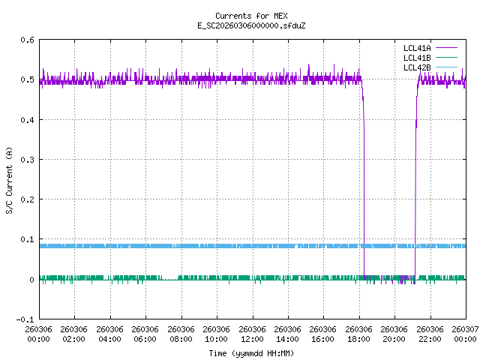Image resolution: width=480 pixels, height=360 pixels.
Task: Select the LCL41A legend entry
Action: [417, 48]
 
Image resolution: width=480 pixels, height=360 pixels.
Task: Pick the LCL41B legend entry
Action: [417, 58]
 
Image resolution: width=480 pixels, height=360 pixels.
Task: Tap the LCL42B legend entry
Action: [417, 67]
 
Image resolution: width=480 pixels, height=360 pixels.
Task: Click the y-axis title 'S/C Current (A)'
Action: [10, 179]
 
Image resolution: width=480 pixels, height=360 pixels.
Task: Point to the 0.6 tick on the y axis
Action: [26, 40]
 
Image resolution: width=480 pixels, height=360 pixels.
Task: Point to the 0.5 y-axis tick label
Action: [26, 79]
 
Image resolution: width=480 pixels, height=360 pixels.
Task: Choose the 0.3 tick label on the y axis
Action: [26, 160]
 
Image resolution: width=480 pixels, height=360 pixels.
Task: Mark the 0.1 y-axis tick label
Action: [26, 240]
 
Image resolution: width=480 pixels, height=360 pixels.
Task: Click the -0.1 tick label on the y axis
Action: [24, 319]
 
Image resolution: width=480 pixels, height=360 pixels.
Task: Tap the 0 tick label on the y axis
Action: [31, 280]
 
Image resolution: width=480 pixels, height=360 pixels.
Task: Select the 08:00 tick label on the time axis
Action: [181, 334]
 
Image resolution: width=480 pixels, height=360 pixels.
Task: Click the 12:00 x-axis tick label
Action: [252, 334]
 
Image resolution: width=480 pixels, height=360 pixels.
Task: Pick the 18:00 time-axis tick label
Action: [359, 334]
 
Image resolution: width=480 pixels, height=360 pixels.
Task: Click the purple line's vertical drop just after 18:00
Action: [364, 187]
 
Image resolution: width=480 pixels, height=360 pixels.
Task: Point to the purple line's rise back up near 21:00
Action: [415, 187]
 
